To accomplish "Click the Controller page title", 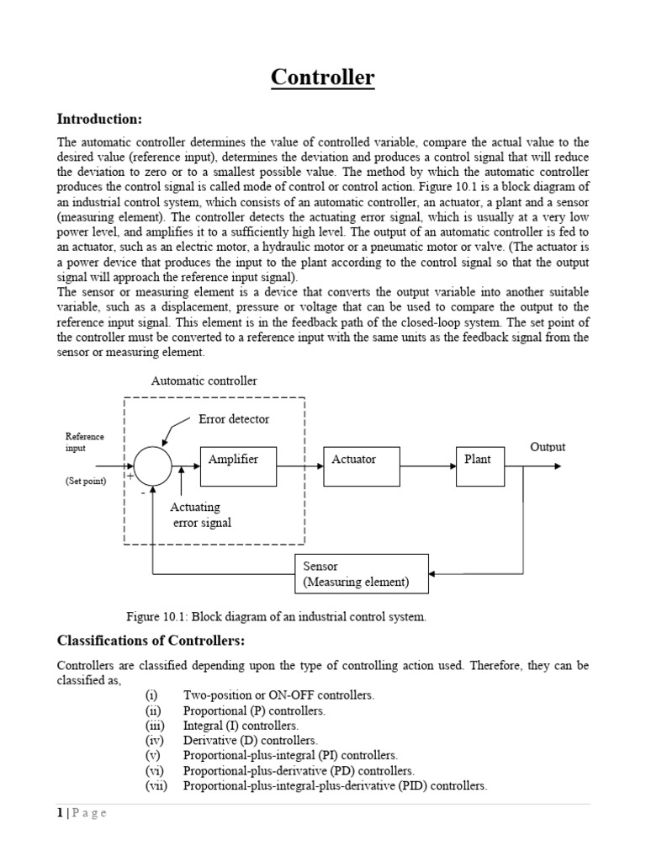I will [323, 78].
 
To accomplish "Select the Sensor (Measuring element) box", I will [362, 574].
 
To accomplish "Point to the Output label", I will [548, 447].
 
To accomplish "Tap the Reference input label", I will [85, 442].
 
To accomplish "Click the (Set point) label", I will [86, 482].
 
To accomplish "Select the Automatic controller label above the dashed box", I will [204, 380].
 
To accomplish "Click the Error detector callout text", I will [234, 418].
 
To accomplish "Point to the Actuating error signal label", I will [200, 514].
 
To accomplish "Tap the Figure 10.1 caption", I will [277, 617].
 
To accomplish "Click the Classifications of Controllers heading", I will [150, 641].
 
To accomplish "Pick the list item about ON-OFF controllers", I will [278, 695].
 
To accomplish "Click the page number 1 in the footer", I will [60, 812].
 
